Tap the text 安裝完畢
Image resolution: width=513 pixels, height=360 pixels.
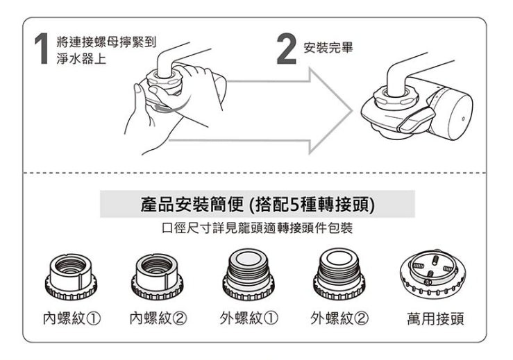point(329,49)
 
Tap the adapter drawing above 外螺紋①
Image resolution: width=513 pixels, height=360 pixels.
point(249,276)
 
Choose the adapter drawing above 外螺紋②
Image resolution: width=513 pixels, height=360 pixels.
point(339,276)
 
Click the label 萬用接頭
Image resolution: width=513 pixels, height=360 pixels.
point(436,319)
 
